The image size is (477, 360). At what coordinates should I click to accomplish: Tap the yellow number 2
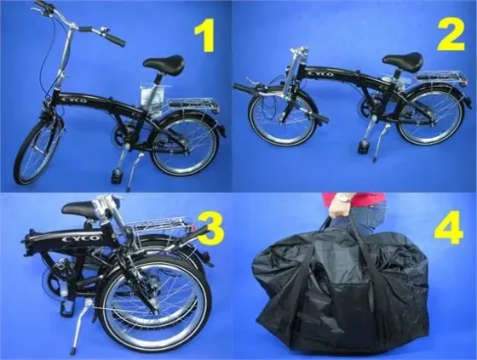(451, 33)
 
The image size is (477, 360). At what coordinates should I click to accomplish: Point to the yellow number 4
(449, 227)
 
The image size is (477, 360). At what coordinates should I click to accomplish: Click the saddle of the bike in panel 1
(164, 65)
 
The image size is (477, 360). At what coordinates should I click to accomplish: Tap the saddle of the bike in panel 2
(404, 60)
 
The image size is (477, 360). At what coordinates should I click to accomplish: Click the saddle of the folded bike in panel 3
(80, 208)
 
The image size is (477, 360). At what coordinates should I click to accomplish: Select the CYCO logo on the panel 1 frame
(74, 100)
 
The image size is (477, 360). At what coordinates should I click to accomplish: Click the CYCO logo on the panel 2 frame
(320, 74)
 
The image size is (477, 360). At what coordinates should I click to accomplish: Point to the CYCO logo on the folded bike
(81, 238)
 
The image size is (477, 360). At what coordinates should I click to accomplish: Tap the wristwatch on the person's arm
(345, 198)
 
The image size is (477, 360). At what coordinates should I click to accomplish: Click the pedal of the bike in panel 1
(116, 176)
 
